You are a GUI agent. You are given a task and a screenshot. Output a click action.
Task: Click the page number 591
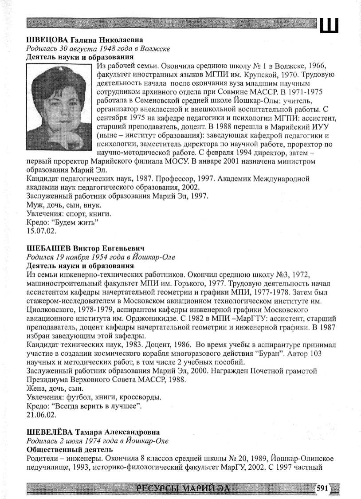point(321,488)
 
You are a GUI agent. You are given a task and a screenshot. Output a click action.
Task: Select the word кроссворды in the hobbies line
point(142,398)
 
